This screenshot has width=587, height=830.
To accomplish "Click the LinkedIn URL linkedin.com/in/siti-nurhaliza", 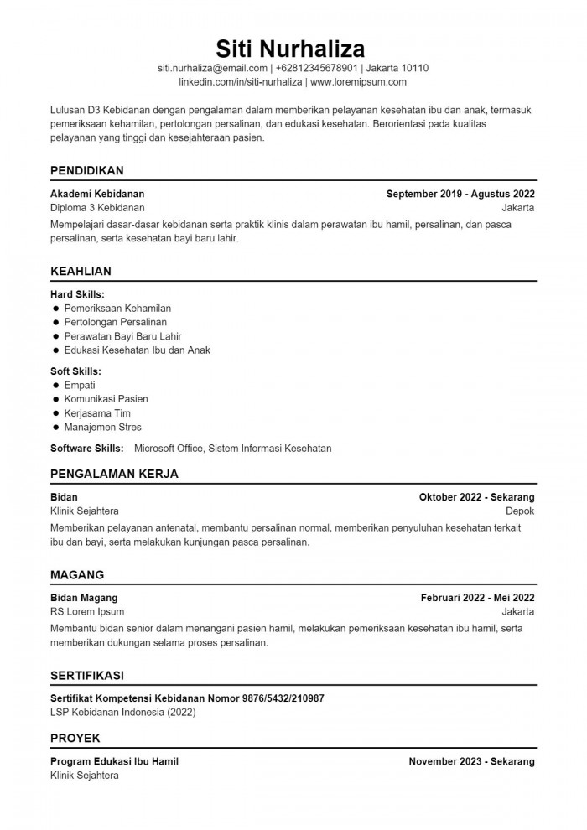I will click(x=240, y=82).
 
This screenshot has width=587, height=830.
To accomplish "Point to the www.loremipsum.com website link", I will click(x=358, y=82).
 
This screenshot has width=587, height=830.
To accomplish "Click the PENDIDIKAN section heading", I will click(x=87, y=170).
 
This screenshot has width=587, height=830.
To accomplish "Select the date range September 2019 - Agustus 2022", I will click(x=460, y=193).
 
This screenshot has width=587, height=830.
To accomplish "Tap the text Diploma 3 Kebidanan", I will click(x=97, y=207).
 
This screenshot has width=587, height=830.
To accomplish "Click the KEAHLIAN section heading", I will click(x=81, y=271).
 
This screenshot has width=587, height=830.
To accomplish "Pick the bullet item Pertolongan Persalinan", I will click(x=115, y=322).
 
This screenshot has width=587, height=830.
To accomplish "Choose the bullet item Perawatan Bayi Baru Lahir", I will click(x=122, y=336).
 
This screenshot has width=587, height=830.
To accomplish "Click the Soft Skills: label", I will click(x=75, y=371).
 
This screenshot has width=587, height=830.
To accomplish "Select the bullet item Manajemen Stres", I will click(x=102, y=427).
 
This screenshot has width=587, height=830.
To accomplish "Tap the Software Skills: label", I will click(x=87, y=449).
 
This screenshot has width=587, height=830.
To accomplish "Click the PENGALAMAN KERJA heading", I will click(x=114, y=474).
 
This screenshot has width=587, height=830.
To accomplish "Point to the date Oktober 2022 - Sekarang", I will click(x=476, y=496).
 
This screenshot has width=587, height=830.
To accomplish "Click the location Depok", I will click(x=520, y=511).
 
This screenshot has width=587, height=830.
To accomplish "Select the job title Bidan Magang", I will click(x=84, y=598).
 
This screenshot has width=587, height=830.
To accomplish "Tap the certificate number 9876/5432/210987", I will click(x=283, y=698).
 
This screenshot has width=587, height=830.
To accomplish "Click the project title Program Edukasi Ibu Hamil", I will click(x=114, y=761).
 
